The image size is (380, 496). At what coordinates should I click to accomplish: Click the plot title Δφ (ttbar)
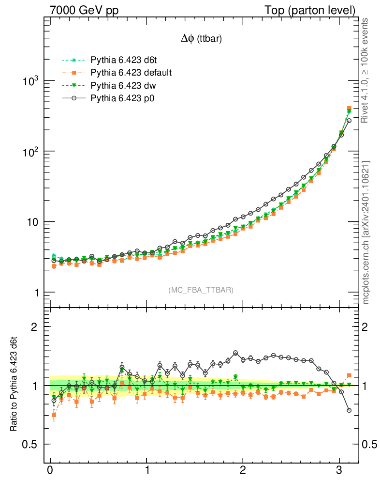click(x=201, y=39)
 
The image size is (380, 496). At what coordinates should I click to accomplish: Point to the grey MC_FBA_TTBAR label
click(x=201, y=290)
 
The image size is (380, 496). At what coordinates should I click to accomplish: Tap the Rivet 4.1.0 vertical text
click(x=366, y=70)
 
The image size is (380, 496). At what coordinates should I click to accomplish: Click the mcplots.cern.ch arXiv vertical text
click(x=366, y=232)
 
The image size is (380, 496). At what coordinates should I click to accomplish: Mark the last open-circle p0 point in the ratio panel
click(x=349, y=410)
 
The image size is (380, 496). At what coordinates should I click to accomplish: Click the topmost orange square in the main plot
click(x=349, y=108)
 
